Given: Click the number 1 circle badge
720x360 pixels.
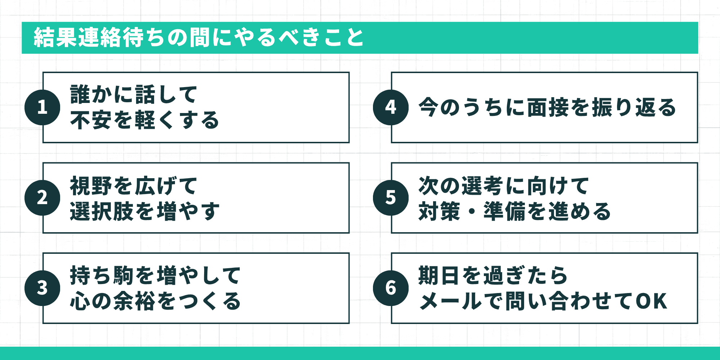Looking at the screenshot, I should click(42, 107).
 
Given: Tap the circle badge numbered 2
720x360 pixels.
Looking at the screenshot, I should click(42, 198).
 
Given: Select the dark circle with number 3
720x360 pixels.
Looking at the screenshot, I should click(42, 288).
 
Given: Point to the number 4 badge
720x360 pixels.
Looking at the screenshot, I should click(391, 107).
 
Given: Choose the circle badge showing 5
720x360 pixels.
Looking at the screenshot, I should click(391, 198).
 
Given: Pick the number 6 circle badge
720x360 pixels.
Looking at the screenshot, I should click(391, 288).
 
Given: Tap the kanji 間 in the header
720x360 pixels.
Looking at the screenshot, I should click(200, 37).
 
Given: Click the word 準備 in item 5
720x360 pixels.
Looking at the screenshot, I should click(505, 211).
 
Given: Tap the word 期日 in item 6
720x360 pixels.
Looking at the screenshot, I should click(440, 276).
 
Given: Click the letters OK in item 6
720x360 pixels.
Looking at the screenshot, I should click(652, 301).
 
